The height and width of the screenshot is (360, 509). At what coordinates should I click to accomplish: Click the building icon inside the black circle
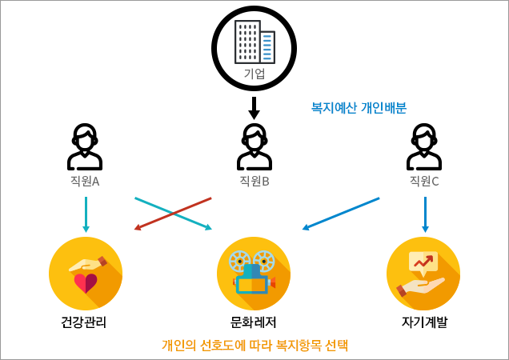(x=254, y=42)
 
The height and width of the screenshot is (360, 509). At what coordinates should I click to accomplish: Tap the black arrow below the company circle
(x=254, y=109)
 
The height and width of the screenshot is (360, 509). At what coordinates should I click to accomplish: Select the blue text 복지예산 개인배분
(x=359, y=108)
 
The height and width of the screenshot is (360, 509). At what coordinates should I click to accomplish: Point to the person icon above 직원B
(x=254, y=147)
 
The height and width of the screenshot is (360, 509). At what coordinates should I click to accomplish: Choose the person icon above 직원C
(x=424, y=147)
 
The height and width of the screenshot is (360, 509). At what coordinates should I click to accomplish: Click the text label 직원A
(x=85, y=181)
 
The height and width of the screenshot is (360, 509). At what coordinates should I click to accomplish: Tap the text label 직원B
(x=254, y=181)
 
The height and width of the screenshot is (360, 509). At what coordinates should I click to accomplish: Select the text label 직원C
(x=424, y=181)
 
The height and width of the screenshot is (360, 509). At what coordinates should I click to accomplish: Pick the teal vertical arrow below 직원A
(x=86, y=214)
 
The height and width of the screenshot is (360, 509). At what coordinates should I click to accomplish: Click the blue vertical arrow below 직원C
(x=425, y=214)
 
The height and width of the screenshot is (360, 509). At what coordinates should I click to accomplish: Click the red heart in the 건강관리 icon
(x=86, y=282)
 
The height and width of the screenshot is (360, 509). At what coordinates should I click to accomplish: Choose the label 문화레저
(x=253, y=324)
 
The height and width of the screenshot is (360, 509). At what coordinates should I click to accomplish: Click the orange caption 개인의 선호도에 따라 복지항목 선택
(x=255, y=346)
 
